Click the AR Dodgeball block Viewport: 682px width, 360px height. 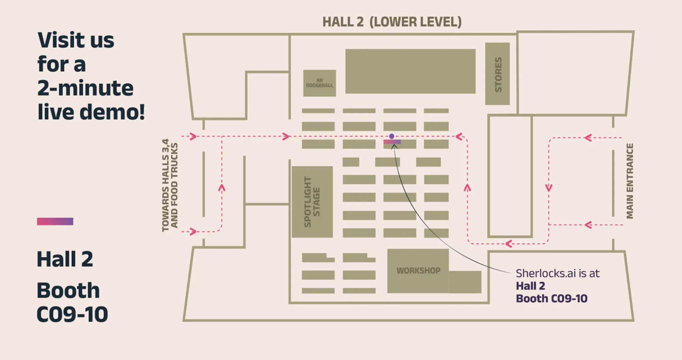click(x=319, y=83)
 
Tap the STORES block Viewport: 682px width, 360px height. click(x=497, y=74)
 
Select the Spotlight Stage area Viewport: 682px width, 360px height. click(x=312, y=202)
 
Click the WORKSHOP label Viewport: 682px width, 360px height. click(x=418, y=271)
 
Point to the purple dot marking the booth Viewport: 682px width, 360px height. click(x=392, y=136)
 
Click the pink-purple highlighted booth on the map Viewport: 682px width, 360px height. click(x=392, y=142)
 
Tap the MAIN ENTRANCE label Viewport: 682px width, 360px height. click(x=630, y=181)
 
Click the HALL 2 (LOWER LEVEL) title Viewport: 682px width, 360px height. click(x=392, y=22)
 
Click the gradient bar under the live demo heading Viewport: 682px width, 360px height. click(x=55, y=221)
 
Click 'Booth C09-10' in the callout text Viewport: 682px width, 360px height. click(x=551, y=298)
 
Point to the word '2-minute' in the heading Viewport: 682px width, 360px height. click(x=85, y=88)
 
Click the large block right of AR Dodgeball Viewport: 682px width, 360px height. click(x=410, y=71)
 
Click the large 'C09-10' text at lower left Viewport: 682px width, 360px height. click(x=72, y=314)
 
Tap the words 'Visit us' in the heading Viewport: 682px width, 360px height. click(x=76, y=40)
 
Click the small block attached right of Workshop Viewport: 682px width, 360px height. click(x=465, y=282)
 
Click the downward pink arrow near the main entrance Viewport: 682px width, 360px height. click(x=549, y=188)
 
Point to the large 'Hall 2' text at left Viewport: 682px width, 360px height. click(x=65, y=259)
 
